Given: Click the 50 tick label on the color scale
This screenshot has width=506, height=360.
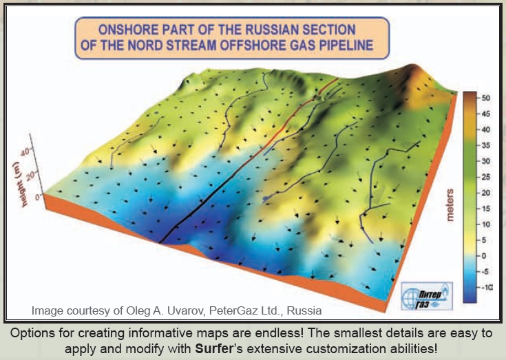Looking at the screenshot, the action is (485, 98).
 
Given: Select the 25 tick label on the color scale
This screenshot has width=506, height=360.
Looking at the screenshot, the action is (485, 177).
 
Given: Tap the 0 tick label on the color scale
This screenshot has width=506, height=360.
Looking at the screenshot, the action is (484, 256).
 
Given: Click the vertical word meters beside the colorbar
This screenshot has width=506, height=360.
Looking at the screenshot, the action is (450, 205).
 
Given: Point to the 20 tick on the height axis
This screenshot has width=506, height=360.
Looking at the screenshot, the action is (30, 176).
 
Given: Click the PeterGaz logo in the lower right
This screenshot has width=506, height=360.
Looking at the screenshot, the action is (427, 296).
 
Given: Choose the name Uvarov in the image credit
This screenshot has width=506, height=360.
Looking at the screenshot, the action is (186, 310).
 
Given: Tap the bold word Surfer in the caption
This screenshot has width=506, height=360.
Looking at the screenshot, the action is (213, 349).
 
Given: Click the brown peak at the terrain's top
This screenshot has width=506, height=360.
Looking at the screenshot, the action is (414, 72).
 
